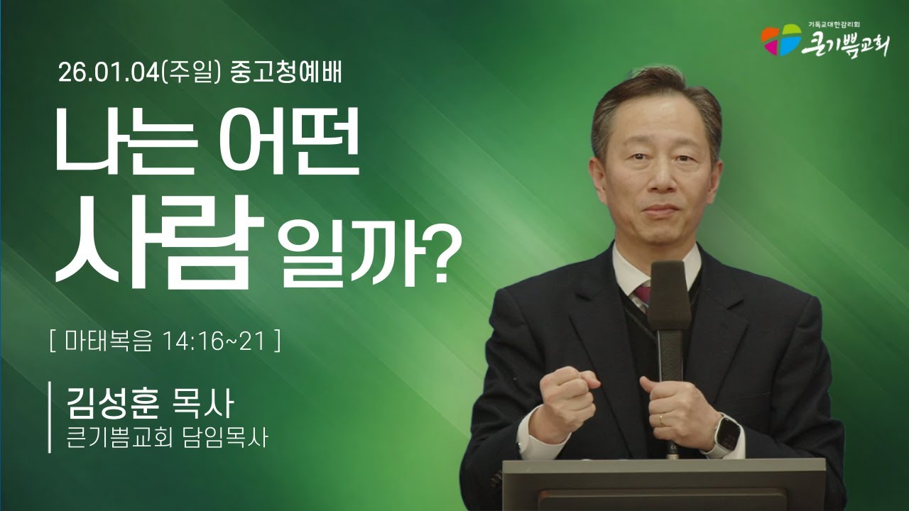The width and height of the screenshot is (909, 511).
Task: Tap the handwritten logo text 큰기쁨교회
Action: (x=845, y=44)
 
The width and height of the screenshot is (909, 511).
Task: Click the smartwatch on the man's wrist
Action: (x=726, y=434)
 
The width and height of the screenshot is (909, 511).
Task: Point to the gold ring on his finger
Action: (x=662, y=419)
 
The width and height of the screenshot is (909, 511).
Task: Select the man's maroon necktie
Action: (x=642, y=292)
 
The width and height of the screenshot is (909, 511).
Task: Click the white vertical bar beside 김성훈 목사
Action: (x=50, y=417)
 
